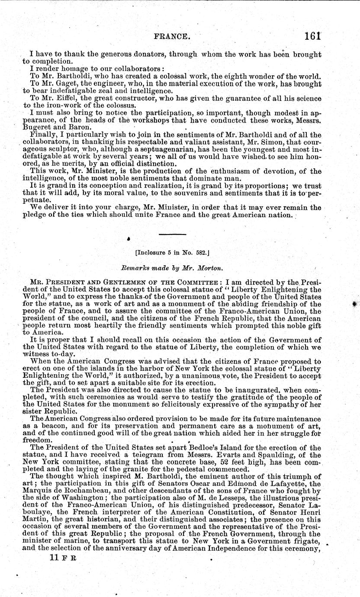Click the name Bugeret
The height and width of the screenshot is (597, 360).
tap(38, 127)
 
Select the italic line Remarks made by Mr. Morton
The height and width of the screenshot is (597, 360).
tap(174, 269)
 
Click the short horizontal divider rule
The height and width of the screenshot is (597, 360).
tap(172, 234)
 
